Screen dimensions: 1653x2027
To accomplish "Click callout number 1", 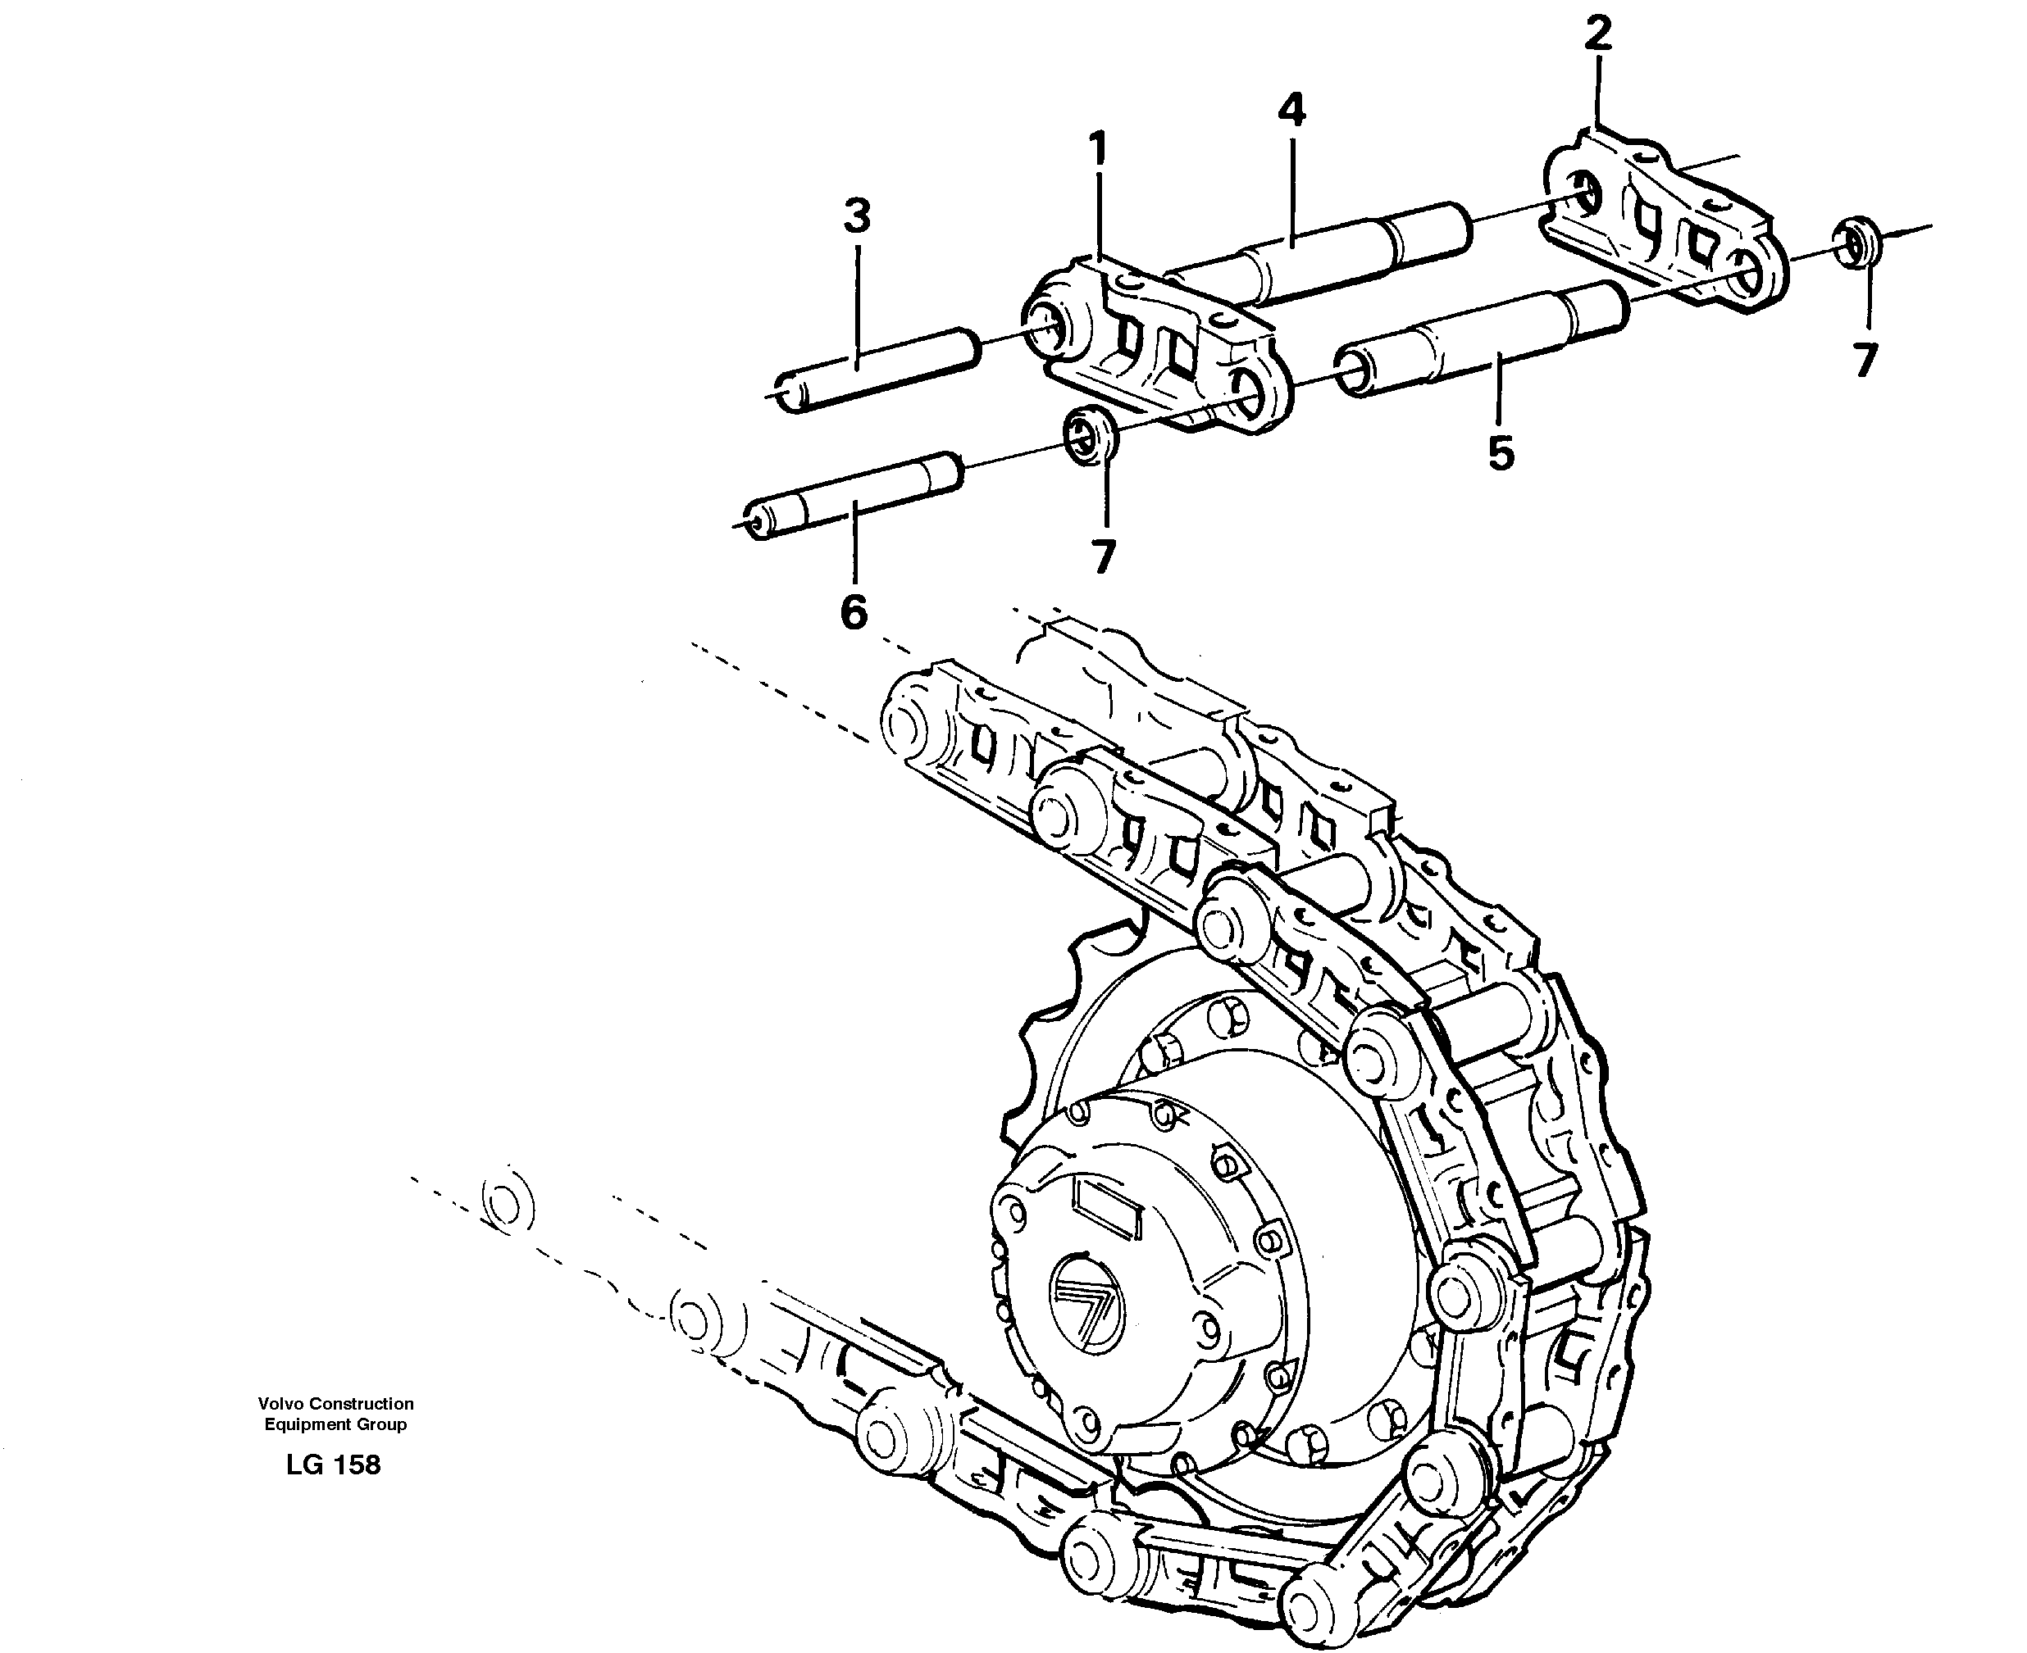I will click(1098, 151).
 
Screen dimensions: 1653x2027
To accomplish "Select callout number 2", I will click(1597, 34).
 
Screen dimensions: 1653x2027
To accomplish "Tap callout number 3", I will click(857, 217).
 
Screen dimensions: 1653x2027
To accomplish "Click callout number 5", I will click(1501, 453).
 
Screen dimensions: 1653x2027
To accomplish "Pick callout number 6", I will click(854, 611).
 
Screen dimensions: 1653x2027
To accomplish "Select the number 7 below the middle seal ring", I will click(1103, 557).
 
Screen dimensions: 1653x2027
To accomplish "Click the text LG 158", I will click(334, 1465).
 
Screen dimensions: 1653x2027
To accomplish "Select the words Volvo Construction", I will click(335, 1404).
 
